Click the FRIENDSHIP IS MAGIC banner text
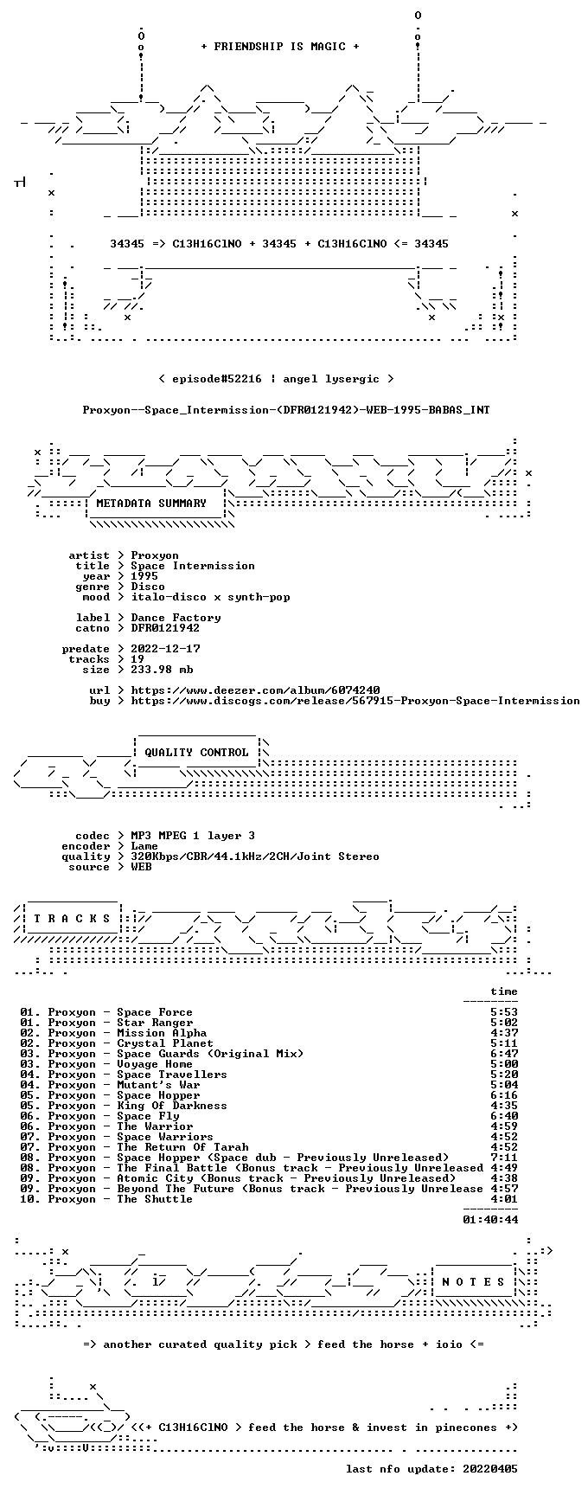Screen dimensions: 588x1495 tap(279, 47)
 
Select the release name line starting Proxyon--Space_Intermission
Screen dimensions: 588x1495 tap(286, 410)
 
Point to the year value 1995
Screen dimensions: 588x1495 tap(144, 576)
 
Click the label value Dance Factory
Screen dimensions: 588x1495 tap(176, 618)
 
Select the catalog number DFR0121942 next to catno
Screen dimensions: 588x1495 tap(165, 628)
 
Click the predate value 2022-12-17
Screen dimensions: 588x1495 tap(165, 649)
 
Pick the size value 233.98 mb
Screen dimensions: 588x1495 tap(162, 670)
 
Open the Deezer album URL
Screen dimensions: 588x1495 tap(255, 690)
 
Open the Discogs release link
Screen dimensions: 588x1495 tap(355, 701)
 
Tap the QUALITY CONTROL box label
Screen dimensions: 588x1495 tap(196, 753)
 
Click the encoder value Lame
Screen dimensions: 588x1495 tap(144, 846)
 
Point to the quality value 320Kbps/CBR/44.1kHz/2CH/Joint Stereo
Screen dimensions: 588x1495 tap(255, 857)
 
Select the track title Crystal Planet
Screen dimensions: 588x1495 tap(165, 1043)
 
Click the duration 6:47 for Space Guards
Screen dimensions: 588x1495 tap(504, 1054)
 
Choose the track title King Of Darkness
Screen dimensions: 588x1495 tap(172, 1106)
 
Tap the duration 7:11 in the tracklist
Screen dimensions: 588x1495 tap(504, 1158)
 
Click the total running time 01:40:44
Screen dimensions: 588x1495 tap(490, 1220)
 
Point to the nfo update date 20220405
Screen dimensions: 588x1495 tap(490, 1469)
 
